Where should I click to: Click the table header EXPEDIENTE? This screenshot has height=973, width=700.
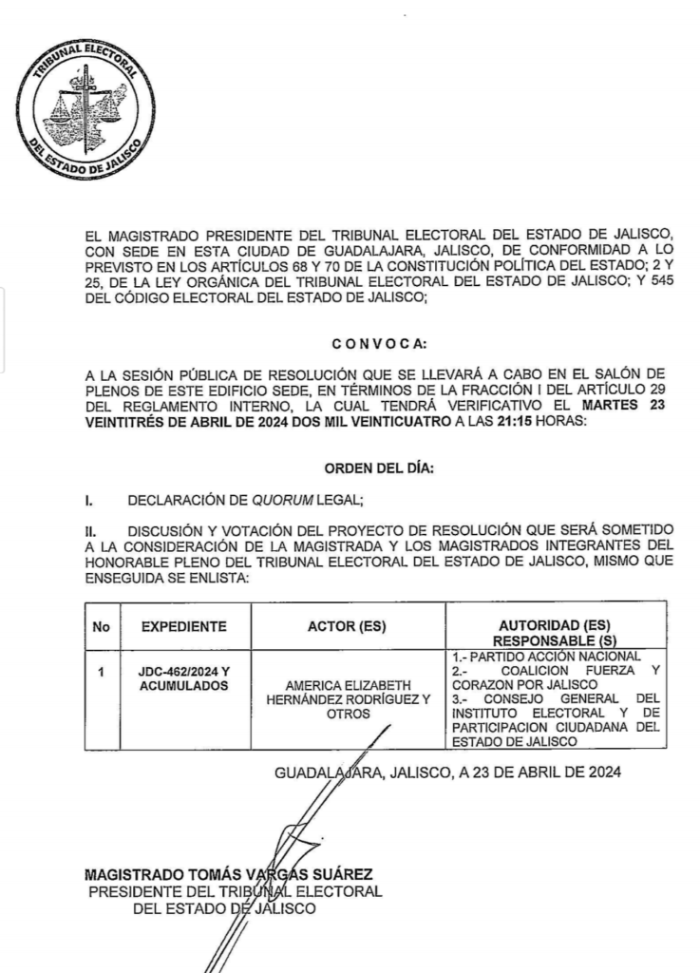[183, 627]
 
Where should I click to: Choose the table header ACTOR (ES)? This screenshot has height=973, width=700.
[348, 627]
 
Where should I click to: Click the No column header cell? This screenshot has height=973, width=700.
[101, 627]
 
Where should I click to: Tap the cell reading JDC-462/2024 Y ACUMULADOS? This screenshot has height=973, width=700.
[183, 679]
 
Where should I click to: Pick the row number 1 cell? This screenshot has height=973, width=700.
[101, 673]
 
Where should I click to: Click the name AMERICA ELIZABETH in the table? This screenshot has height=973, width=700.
[348, 685]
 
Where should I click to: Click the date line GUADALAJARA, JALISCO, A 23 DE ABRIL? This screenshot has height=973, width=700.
[447, 773]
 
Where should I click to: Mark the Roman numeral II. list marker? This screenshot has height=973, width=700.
[91, 527]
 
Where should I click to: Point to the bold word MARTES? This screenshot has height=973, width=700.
[607, 408]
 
